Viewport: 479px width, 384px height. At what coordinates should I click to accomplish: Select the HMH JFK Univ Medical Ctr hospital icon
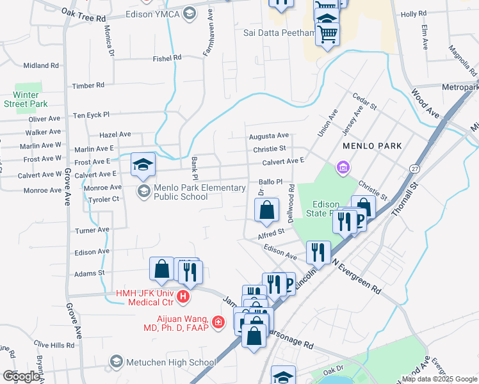coord(183,297)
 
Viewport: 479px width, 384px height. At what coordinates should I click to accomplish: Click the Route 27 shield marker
coord(414,167)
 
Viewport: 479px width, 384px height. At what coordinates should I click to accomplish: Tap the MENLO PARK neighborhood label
coord(372,146)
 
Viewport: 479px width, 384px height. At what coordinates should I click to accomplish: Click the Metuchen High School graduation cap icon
coord(117,362)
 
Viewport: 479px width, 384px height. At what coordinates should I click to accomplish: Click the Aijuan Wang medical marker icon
coord(218,321)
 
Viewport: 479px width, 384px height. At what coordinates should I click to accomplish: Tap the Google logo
coord(21,376)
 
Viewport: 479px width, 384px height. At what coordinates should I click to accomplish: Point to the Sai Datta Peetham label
coord(279,33)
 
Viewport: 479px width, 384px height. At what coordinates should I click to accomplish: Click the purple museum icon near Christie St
coord(343,168)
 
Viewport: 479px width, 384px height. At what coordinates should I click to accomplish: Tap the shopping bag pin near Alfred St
coord(266,211)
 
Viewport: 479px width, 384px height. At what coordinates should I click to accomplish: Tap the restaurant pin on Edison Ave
coord(318,253)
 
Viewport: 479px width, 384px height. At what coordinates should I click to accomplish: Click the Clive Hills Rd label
coord(54,345)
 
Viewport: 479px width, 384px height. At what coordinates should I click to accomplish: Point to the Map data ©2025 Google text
coord(439,379)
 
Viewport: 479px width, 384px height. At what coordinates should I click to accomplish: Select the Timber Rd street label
coord(88,85)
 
